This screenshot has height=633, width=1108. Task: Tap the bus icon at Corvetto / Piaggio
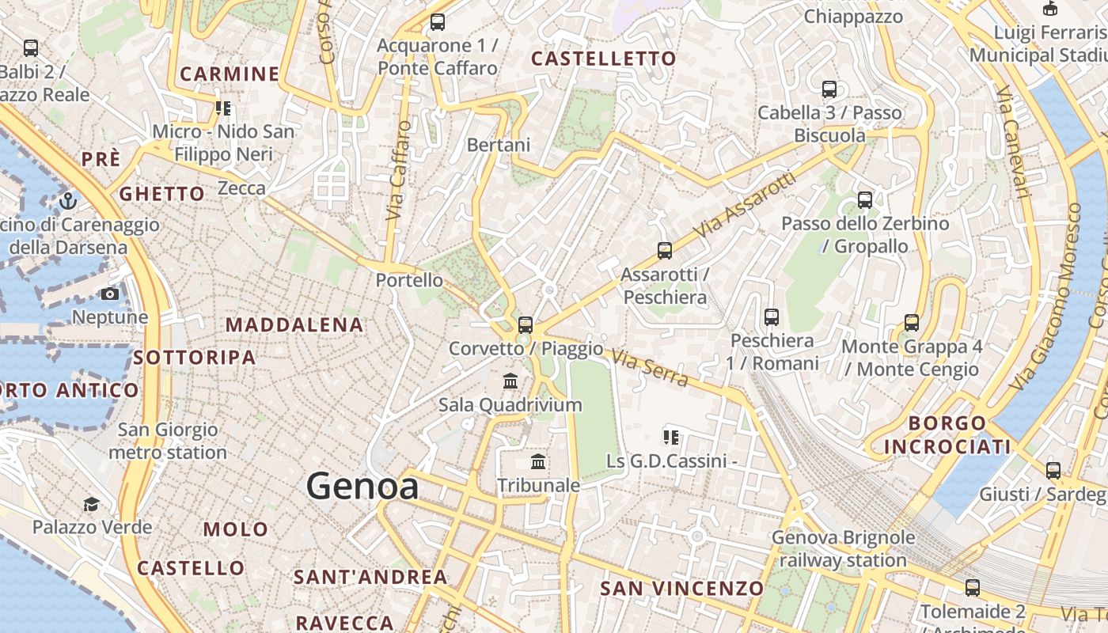[x=525, y=324]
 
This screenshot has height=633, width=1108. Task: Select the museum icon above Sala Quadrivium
[x=510, y=381]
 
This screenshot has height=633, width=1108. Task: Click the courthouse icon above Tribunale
[x=538, y=461]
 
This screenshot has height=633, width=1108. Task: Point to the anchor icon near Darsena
[x=67, y=201]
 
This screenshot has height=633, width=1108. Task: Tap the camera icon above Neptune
[x=110, y=294]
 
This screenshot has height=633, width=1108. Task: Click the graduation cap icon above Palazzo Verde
[x=91, y=504]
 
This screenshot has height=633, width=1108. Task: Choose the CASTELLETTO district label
[x=603, y=59]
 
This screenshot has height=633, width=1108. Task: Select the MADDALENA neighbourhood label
[x=294, y=324]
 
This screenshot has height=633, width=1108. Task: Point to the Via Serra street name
[x=650, y=369]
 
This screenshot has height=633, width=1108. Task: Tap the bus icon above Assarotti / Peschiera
[x=665, y=251]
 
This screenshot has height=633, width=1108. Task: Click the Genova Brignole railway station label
[x=843, y=549]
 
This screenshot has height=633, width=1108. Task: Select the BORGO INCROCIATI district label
[x=947, y=434]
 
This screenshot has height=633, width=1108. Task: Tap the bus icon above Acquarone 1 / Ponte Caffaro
[x=438, y=22]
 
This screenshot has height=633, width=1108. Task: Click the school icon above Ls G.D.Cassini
[x=671, y=437]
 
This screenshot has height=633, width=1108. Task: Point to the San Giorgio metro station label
[x=168, y=442]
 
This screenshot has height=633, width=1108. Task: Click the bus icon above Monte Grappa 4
[x=912, y=323]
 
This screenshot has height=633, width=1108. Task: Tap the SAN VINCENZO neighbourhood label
[x=681, y=589]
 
